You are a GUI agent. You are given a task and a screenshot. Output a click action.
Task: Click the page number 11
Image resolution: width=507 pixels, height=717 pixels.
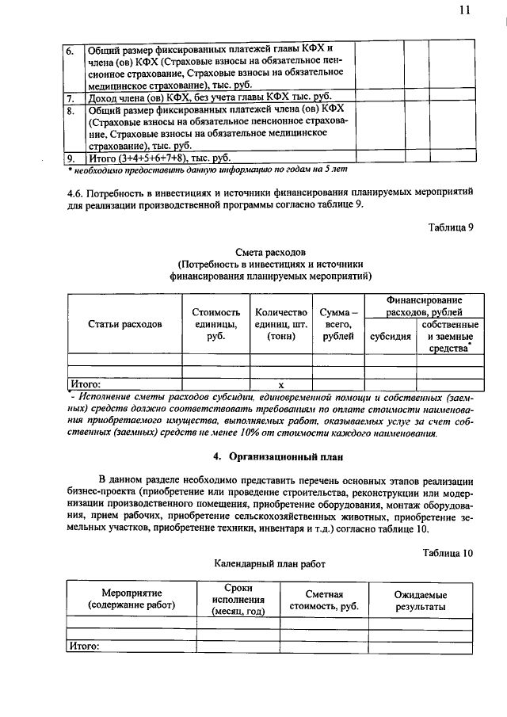click(x=463, y=10)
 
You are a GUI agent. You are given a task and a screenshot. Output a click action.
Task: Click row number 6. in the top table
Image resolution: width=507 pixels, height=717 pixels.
click(x=71, y=50)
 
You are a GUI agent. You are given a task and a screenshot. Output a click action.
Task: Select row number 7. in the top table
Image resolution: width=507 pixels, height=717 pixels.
click(x=71, y=98)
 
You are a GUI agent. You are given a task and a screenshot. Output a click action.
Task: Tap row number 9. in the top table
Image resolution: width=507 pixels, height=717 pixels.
click(x=71, y=158)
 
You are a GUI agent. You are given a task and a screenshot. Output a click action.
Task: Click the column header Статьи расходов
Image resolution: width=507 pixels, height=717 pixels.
click(x=124, y=324)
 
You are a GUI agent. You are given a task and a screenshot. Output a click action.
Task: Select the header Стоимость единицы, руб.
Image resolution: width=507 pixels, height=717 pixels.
click(x=211, y=324)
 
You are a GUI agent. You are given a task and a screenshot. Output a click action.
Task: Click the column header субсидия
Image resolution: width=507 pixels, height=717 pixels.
click(x=391, y=336)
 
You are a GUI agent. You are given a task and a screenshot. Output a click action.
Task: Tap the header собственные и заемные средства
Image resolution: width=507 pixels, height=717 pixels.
click(x=449, y=336)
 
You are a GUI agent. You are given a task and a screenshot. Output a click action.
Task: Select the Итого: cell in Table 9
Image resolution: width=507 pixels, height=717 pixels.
click(x=86, y=384)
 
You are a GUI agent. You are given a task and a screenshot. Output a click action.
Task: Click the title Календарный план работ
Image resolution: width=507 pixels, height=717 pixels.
click(x=269, y=564)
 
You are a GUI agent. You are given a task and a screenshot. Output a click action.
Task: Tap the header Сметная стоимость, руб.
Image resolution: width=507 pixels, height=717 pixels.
click(x=324, y=601)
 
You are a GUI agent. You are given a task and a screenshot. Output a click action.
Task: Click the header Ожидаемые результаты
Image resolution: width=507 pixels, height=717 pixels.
click(x=421, y=601)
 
